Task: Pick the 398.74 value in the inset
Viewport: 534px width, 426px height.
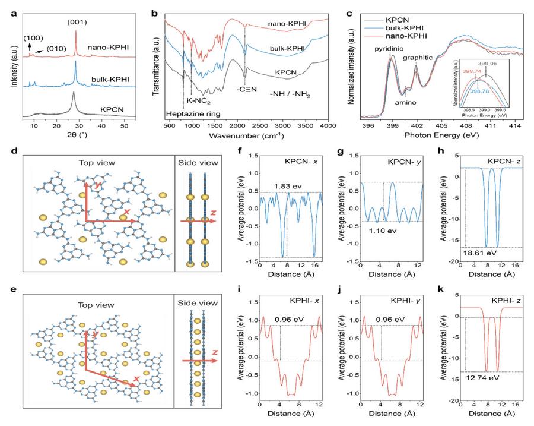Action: (x=466, y=70)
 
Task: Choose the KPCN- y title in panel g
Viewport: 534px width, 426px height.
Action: (x=403, y=163)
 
